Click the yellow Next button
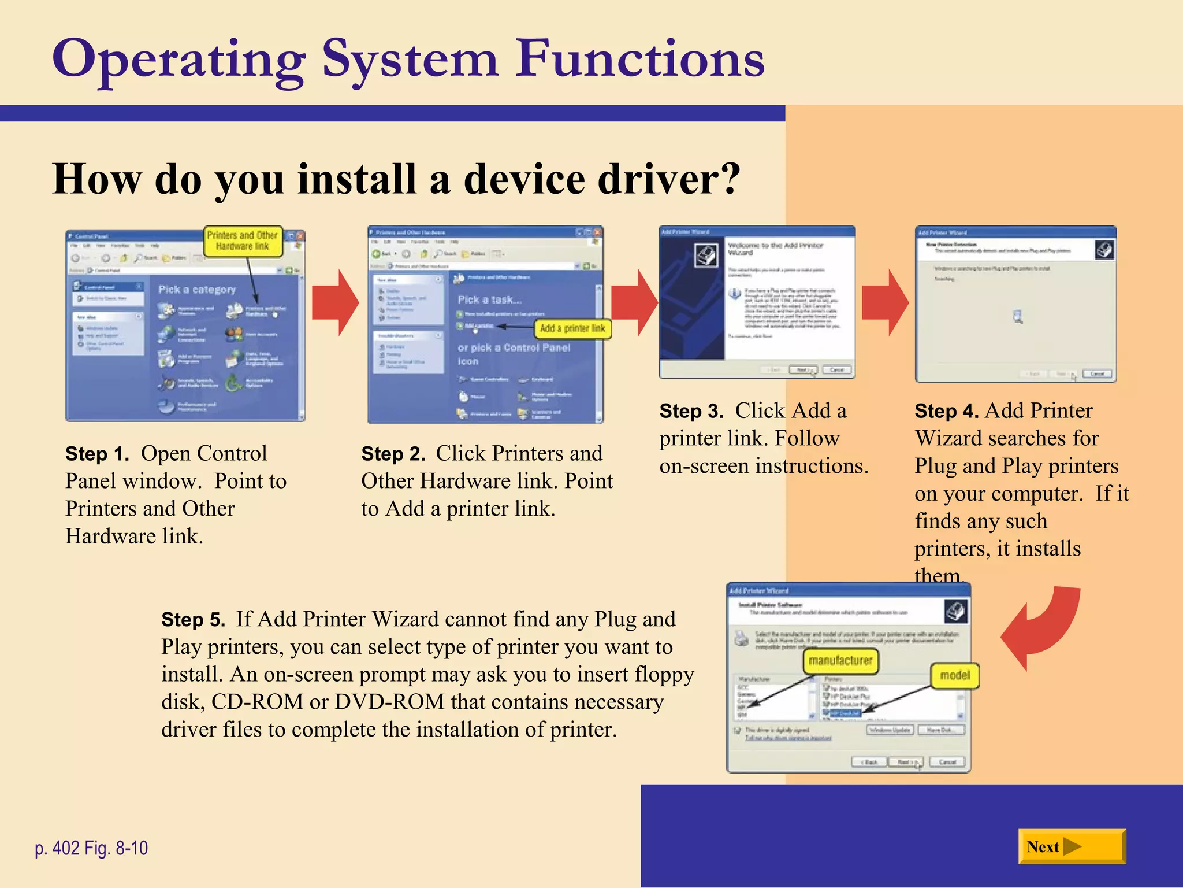1071,846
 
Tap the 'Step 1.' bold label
97,454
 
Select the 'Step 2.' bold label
393,454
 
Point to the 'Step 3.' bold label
691,411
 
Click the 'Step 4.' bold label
946,411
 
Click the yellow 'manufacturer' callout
840,661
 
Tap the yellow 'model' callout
955,675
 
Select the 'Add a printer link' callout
572,328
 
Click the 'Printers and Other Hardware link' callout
243,240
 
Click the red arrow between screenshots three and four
885,302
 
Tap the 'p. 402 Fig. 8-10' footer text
91,848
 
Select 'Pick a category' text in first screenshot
197,289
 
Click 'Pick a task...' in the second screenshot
489,299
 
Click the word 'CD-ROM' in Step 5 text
257,702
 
